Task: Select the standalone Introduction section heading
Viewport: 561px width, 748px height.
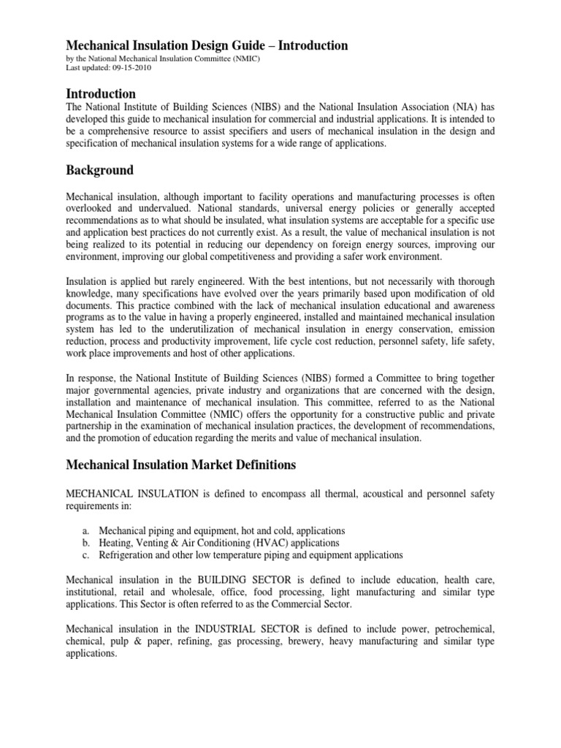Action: pos(101,93)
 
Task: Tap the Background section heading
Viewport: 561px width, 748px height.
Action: pos(100,170)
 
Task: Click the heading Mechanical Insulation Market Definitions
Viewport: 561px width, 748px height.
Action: pos(181,465)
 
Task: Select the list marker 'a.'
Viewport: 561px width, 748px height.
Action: pos(85,530)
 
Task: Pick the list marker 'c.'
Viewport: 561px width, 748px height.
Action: pos(85,555)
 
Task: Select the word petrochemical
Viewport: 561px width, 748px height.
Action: pos(460,628)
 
